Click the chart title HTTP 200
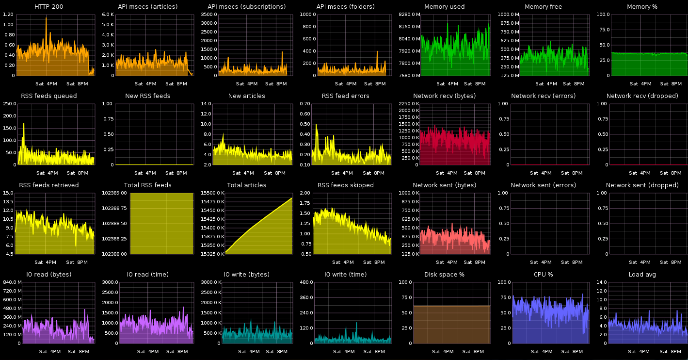pyautogui.click(x=48, y=7)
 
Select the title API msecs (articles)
pyautogui.click(x=147, y=7)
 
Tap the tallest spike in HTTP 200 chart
pyautogui.click(x=46, y=18)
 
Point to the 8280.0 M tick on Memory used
pyautogui.click(x=409, y=15)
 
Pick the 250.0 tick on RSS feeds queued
pyautogui.click(x=8, y=104)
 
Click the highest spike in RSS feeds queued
pyautogui.click(x=23, y=123)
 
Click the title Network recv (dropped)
pyautogui.click(x=642, y=96)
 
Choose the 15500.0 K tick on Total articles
pyautogui.click(x=211, y=193)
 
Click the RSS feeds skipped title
pyautogui.click(x=345, y=185)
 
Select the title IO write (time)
pyautogui.click(x=345, y=275)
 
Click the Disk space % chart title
pyautogui.click(x=444, y=275)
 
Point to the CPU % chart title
pyautogui.click(x=543, y=275)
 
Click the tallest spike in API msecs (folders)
pyautogui.click(x=377, y=51)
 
